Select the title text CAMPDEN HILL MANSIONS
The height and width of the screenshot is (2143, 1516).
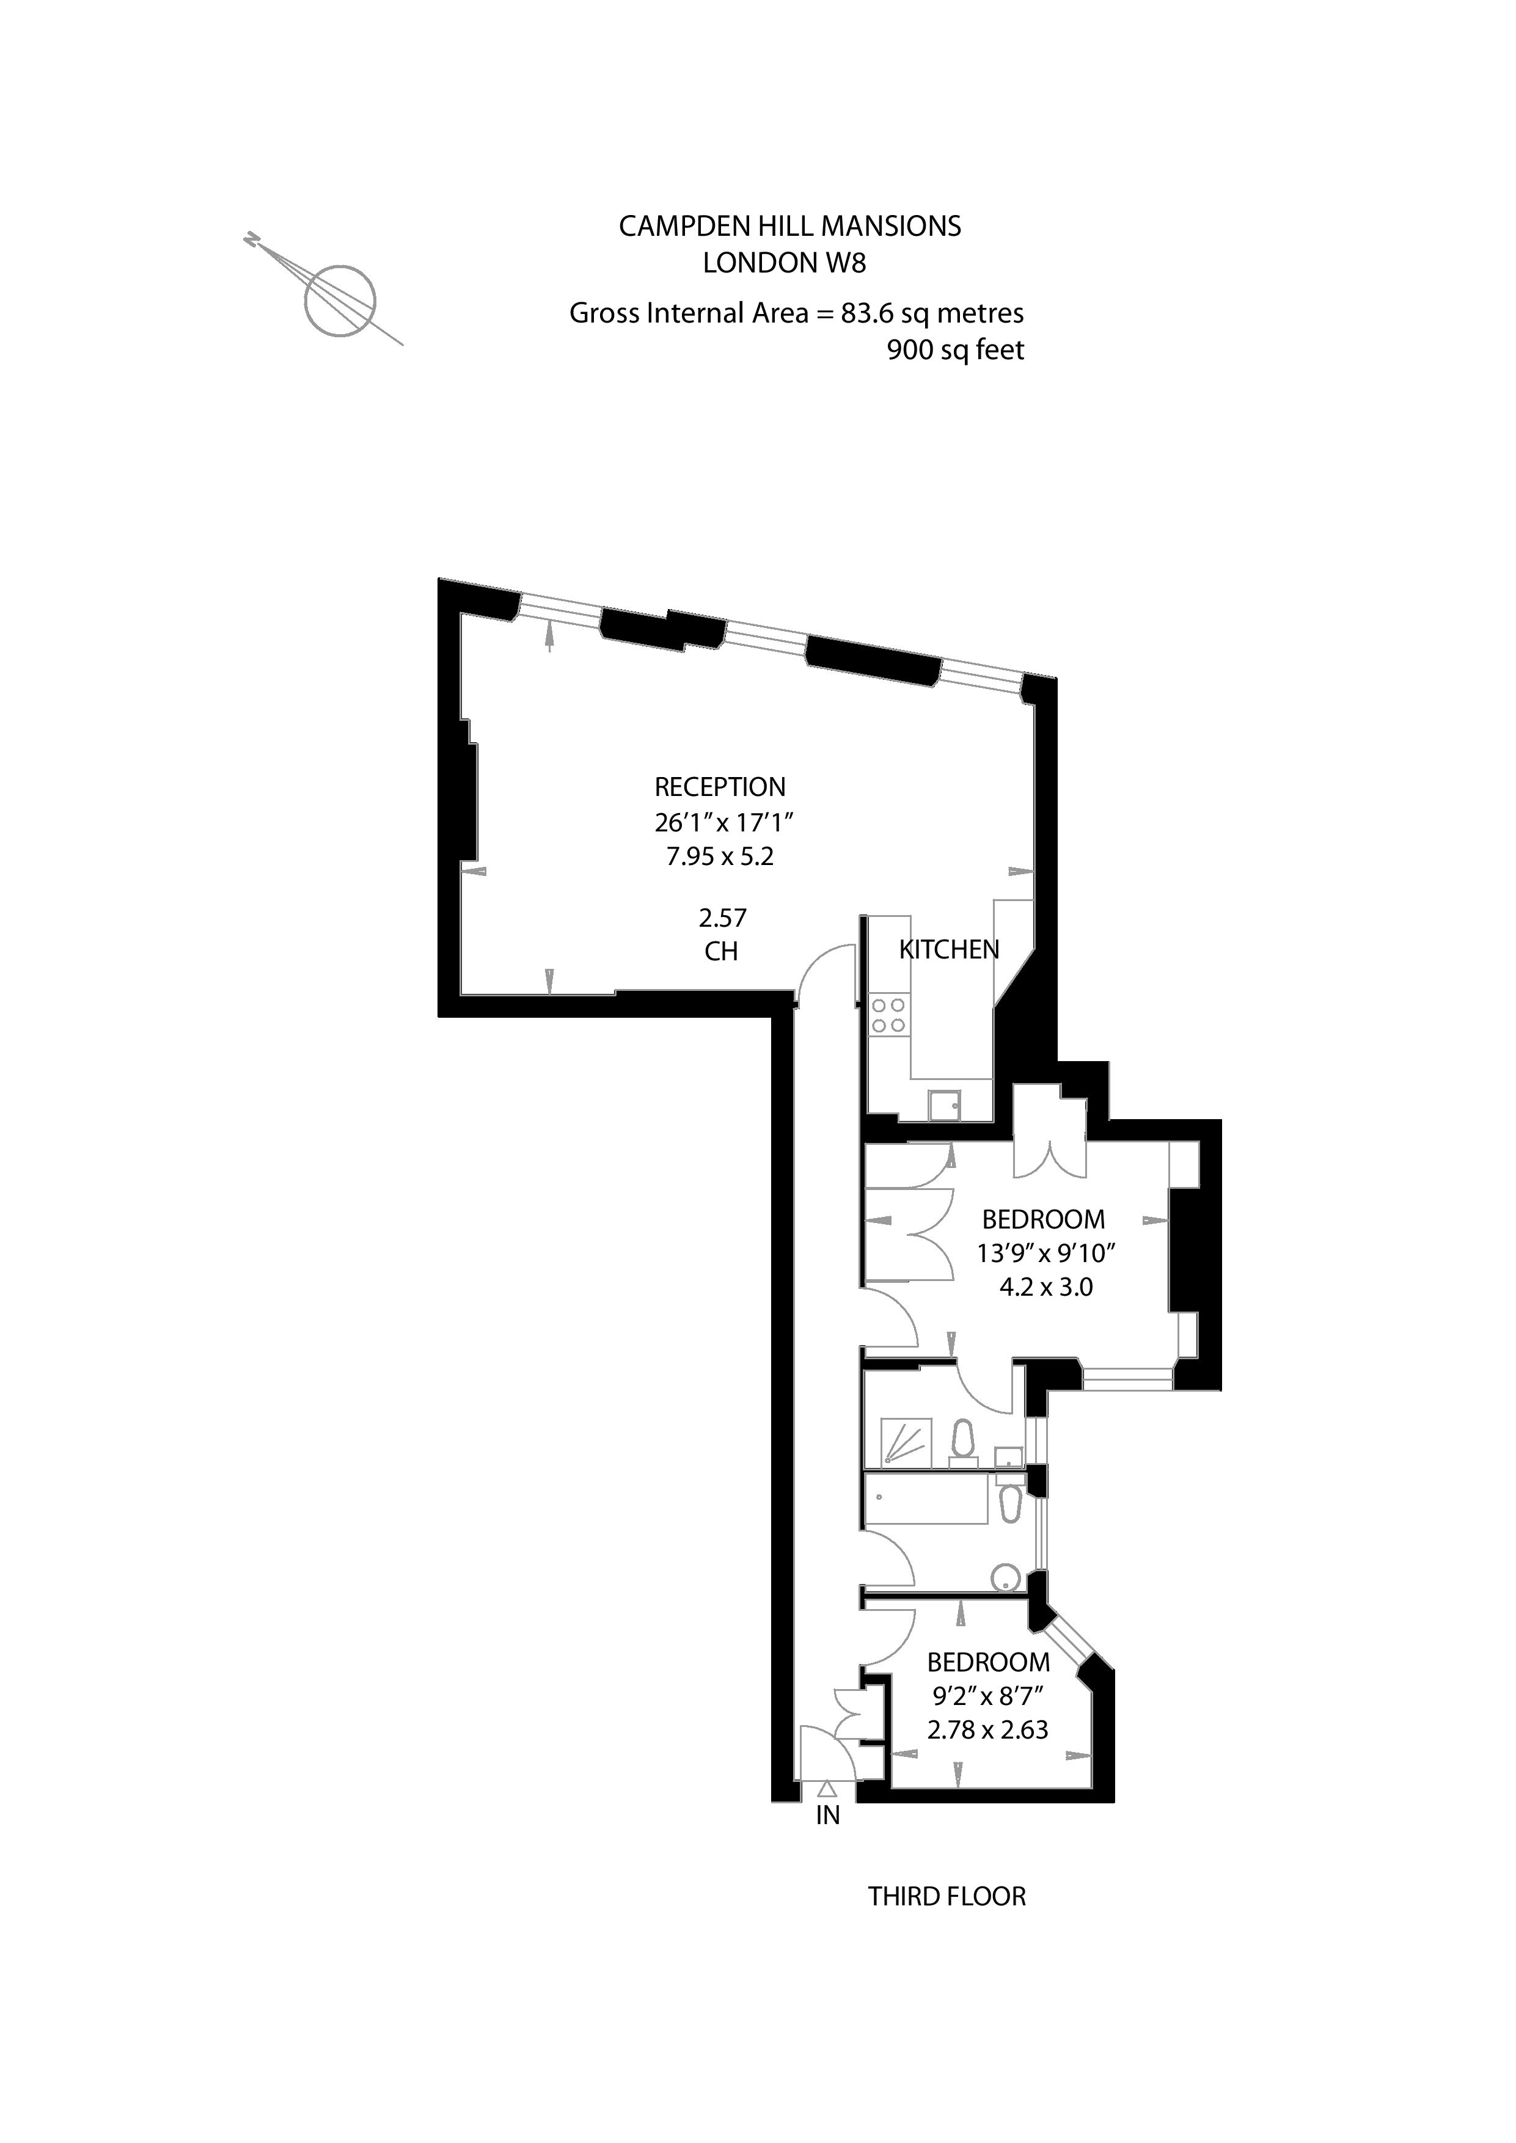[x=789, y=227]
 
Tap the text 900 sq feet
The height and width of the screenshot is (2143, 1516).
[x=955, y=351]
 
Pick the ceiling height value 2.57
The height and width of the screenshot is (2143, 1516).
[x=722, y=918]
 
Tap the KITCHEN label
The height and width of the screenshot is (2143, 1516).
[x=948, y=950]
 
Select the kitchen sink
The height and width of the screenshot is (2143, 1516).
[x=944, y=1106]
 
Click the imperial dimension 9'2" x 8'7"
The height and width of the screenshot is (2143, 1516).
[x=987, y=1695]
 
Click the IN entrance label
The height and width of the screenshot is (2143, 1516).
[x=828, y=1816]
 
